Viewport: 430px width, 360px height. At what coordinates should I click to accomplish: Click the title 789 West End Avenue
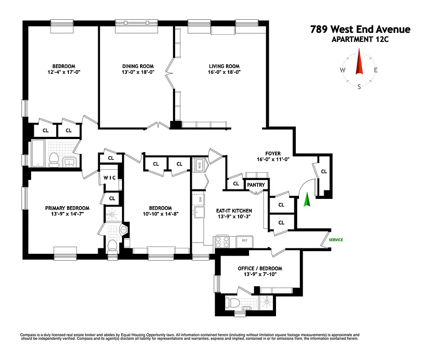[360, 30]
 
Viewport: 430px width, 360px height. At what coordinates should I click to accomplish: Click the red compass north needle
[359, 63]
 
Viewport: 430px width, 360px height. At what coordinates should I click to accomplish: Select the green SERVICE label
[335, 240]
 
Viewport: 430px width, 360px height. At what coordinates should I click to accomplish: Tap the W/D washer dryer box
[198, 166]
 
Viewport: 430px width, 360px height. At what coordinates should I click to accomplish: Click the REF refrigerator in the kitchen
[244, 240]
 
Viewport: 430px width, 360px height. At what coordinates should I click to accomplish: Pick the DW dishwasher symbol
[198, 198]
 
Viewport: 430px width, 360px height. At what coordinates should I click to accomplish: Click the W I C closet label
[110, 177]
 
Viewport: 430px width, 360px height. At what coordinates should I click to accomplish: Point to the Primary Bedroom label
[67, 208]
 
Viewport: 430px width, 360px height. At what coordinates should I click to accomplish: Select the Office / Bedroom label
[260, 268]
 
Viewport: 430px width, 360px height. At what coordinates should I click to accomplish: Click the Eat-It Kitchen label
[234, 211]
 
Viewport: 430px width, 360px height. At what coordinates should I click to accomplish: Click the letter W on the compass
[343, 70]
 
